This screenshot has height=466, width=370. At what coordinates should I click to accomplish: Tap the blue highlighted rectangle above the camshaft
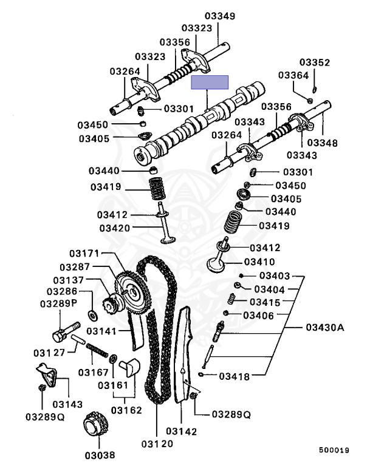[210, 83]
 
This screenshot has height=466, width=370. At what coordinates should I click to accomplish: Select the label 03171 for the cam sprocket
[83, 252]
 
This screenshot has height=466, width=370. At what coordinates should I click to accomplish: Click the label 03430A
[324, 328]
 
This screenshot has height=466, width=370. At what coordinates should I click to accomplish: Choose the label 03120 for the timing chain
[157, 443]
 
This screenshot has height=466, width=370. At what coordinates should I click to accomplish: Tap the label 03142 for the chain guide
[183, 431]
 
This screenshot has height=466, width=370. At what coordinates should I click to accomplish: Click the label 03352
[315, 62]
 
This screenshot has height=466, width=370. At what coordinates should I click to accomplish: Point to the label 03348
[322, 143]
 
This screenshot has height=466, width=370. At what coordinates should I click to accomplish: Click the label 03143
[68, 404]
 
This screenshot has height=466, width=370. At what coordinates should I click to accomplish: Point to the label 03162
[126, 410]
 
